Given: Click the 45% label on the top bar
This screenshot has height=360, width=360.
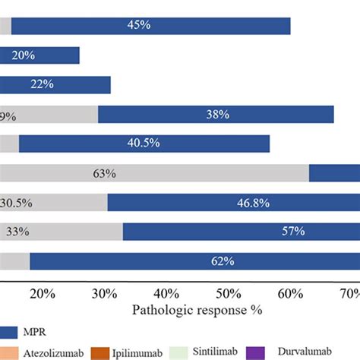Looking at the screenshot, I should tap(139, 26).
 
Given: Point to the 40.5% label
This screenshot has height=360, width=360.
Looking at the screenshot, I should tap(144, 144).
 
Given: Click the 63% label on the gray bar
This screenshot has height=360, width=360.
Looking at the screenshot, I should tap(104, 174).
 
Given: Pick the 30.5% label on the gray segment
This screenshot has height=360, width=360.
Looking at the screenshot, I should tap(16, 203).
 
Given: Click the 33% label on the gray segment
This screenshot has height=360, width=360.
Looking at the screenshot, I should tap(17, 232).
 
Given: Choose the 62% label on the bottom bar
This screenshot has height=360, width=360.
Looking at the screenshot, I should tap(223, 261).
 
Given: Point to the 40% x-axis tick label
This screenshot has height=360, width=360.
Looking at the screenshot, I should tap(166, 293).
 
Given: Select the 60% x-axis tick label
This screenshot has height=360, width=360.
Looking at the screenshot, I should tap(289, 293).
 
